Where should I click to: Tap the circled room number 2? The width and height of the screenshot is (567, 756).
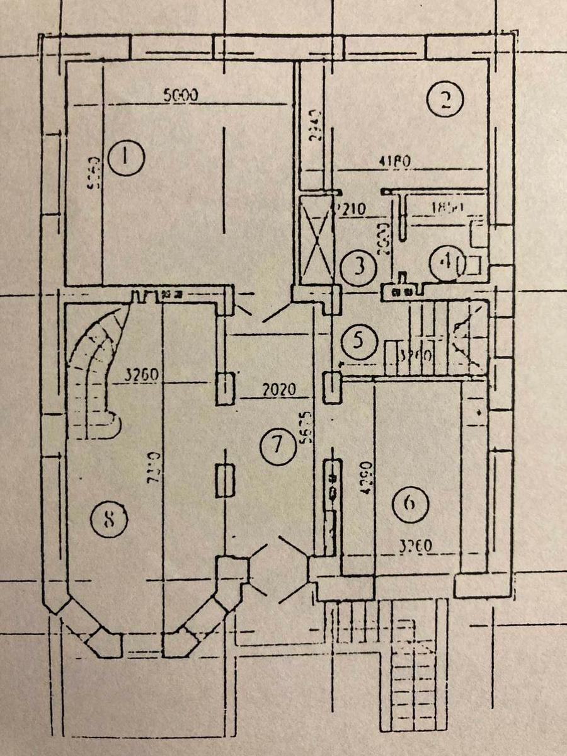tap(445, 100)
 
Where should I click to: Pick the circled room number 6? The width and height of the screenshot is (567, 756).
tap(410, 503)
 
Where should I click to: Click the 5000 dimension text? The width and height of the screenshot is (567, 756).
tap(181, 96)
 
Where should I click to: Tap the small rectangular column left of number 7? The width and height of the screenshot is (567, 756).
tap(225, 480)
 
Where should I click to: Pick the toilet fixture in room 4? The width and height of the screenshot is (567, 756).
tap(474, 265)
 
